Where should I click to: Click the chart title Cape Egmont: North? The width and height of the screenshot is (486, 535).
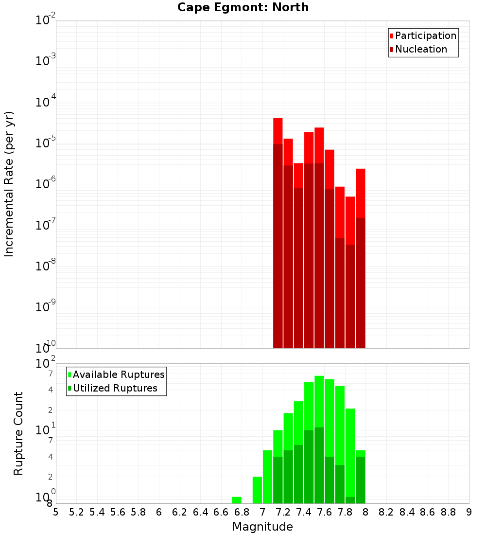coord(243,8)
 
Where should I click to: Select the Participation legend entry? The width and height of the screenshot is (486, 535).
coord(425,36)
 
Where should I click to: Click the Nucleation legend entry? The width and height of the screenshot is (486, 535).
coord(420,50)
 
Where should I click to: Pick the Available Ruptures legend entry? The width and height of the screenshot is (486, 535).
coord(118,374)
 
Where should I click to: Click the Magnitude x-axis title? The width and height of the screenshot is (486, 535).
coord(262,527)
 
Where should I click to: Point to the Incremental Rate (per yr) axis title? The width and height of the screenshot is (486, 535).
coord(9,184)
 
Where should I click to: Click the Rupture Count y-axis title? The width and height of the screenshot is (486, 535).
coord(18,433)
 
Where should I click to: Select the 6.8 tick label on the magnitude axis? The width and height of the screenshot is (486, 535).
coord(242,512)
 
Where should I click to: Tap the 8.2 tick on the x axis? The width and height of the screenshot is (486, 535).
coord(386,512)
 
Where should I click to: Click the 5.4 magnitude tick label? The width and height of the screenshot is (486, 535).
coord(97,512)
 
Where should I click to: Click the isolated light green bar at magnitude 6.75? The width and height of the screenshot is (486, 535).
coord(237,500)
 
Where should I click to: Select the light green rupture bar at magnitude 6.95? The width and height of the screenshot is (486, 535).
coord(257,490)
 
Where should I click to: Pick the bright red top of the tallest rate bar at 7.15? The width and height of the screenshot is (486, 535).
coord(278,131)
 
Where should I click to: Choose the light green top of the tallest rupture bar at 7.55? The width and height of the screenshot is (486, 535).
coord(319,401)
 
